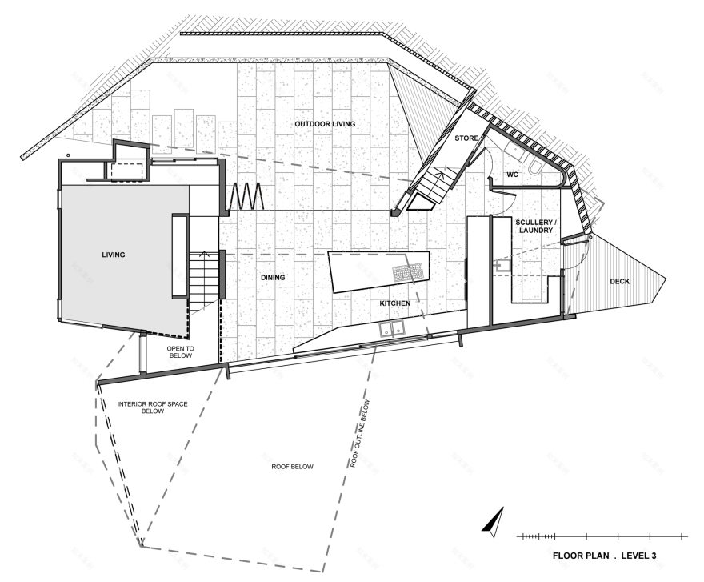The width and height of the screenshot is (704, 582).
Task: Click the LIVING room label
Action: [114, 255]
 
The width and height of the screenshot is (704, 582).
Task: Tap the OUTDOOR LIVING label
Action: [324, 124]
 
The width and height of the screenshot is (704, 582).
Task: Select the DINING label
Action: [273, 278]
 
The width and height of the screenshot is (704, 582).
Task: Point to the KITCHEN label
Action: [395, 303]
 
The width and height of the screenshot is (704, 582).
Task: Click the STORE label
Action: [466, 138]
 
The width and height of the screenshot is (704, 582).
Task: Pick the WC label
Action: [513, 174]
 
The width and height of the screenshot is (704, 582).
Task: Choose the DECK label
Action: [620, 281]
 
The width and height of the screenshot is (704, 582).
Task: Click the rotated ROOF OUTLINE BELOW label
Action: [358, 433]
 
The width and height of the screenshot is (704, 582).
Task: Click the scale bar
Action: [602, 535]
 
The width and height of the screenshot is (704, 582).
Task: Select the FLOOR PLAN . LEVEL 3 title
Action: [605, 554]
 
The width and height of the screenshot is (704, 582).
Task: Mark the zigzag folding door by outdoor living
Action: [248, 195]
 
